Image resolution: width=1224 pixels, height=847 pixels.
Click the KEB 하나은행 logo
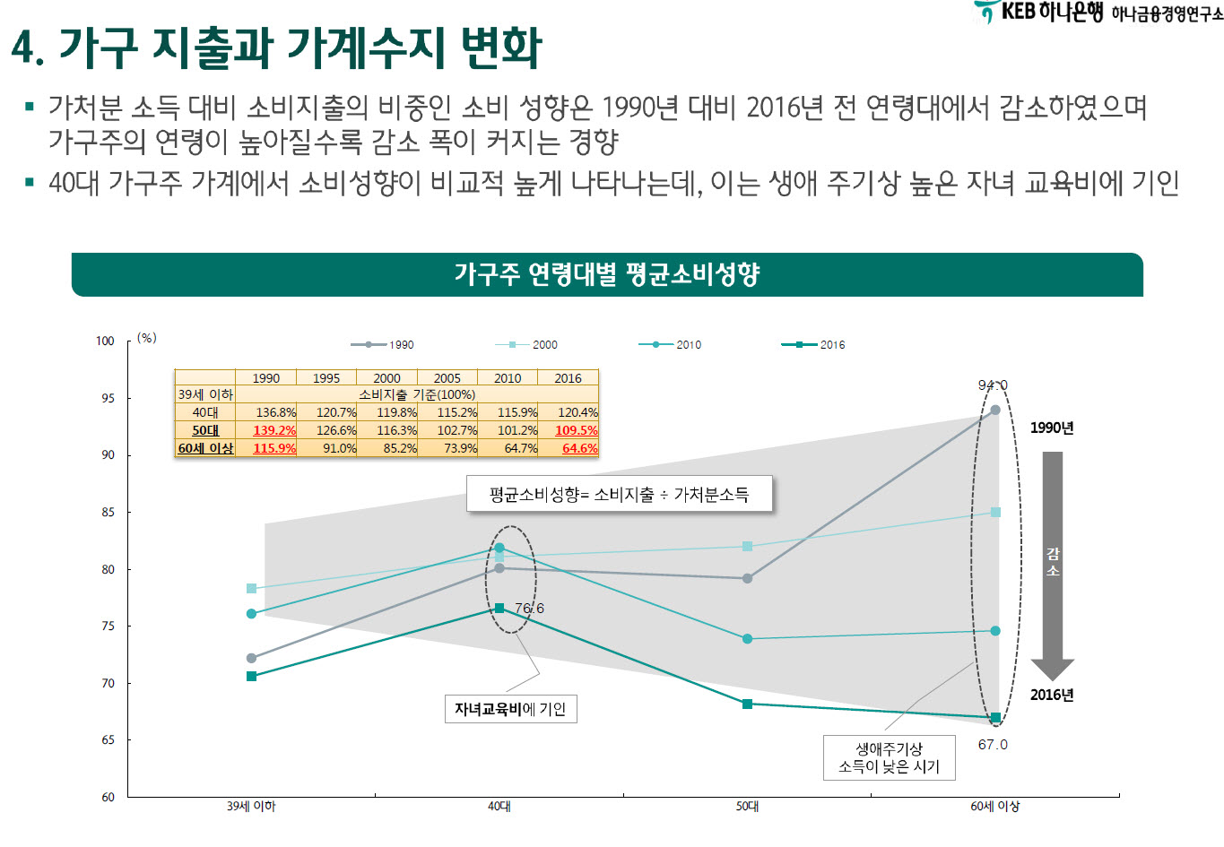pyautogui.click(x=1040, y=12)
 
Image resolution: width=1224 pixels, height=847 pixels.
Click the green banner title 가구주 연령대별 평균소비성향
pyautogui.click(x=606, y=274)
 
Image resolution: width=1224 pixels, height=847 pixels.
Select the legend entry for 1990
pyautogui.click(x=383, y=344)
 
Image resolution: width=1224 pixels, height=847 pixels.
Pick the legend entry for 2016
pyautogui.click(x=813, y=344)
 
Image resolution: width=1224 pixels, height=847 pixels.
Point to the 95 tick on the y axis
pyautogui.click(x=108, y=398)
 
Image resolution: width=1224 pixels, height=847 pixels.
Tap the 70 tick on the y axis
pyautogui.click(x=108, y=683)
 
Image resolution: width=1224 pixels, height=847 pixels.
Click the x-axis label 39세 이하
pyautogui.click(x=251, y=807)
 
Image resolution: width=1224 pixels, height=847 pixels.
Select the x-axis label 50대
pyautogui.click(x=747, y=807)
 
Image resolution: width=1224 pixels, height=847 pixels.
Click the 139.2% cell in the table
pyautogui.click(x=273, y=430)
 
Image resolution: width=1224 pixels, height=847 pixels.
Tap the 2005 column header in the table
pyautogui.click(x=447, y=378)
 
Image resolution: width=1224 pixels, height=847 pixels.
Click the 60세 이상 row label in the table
pyautogui.click(x=205, y=448)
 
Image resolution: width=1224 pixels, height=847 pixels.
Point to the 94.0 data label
pyautogui.click(x=993, y=385)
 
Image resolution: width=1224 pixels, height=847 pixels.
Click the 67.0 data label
pyautogui.click(x=993, y=745)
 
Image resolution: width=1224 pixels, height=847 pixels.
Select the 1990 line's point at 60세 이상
pyautogui.click(x=995, y=411)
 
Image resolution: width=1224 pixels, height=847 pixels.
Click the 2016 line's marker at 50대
pyautogui.click(x=747, y=704)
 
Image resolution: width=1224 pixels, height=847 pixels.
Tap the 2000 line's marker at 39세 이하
pyautogui.click(x=251, y=589)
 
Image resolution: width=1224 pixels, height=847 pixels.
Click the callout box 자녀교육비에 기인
pyautogui.click(x=510, y=709)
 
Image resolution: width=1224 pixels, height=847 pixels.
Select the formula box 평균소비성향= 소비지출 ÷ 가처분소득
pyautogui.click(x=619, y=494)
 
